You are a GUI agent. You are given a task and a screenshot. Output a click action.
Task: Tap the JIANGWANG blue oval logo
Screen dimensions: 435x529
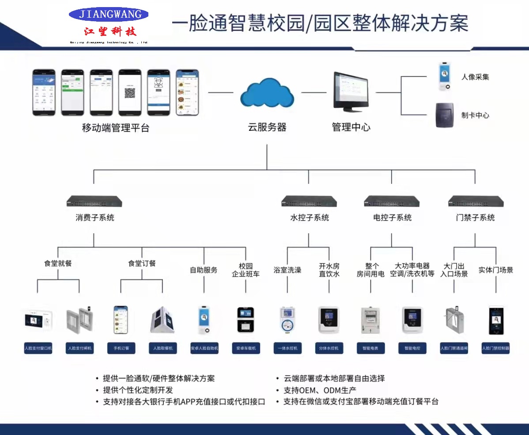pyautogui.click(x=109, y=14)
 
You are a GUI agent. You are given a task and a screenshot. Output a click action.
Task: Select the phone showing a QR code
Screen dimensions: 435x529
pyautogui.click(x=129, y=92)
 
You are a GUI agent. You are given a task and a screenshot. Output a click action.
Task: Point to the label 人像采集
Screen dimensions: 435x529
pyautogui.click(x=475, y=77)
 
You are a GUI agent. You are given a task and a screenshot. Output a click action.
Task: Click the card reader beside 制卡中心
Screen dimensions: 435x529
pyautogui.click(x=444, y=115)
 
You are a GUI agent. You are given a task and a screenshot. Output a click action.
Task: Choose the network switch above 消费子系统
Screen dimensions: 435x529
pyautogui.click(x=94, y=201)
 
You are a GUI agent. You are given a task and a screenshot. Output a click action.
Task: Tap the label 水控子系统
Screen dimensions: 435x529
pyautogui.click(x=310, y=217)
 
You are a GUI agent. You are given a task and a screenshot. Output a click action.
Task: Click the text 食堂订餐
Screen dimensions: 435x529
pyautogui.click(x=142, y=263)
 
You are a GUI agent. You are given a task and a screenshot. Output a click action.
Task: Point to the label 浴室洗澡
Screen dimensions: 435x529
pyautogui.click(x=287, y=270)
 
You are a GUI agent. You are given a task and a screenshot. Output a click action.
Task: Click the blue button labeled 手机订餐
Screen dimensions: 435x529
pyautogui.click(x=121, y=348)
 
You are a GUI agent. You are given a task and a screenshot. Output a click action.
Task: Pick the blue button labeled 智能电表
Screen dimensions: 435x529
pyautogui.click(x=370, y=348)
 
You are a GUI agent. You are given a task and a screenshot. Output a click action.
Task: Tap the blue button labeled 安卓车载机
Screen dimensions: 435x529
pyautogui.click(x=246, y=348)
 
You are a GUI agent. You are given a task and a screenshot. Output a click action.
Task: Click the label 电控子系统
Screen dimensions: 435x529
pyautogui.click(x=392, y=217)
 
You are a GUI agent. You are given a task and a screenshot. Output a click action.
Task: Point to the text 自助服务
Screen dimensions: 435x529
pyautogui.click(x=204, y=270)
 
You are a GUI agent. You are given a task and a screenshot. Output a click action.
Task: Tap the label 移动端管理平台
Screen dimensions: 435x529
pyautogui.click(x=116, y=128)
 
